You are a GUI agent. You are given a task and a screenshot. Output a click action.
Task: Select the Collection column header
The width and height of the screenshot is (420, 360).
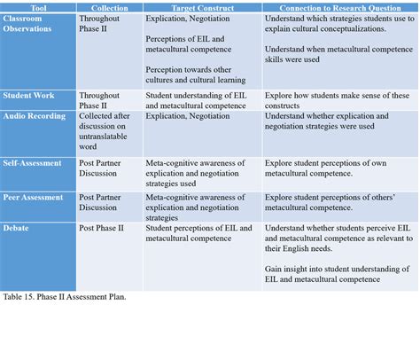pyautogui.click(x=107, y=7)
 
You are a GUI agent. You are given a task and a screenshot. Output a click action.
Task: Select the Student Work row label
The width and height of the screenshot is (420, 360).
pyautogui.click(x=29, y=94)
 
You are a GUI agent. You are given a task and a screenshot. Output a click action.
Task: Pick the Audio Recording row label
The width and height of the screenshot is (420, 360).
pyautogui.click(x=35, y=115)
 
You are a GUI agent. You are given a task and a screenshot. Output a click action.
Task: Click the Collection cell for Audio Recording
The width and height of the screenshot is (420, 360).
pyautogui.click(x=107, y=131)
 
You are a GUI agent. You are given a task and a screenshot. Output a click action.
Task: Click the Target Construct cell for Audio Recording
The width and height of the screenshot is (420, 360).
pyautogui.click(x=183, y=115)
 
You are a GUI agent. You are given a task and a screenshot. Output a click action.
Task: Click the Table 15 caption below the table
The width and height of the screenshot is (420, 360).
pyautogui.click(x=64, y=297)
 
